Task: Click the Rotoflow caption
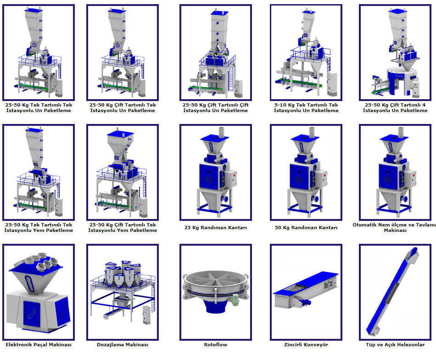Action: point(216,344)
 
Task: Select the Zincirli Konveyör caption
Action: point(306,344)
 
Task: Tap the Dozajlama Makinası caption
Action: point(123,344)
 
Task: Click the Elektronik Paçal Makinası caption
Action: point(39,344)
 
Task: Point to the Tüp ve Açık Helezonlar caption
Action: point(395,344)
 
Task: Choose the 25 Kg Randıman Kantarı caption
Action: point(216,227)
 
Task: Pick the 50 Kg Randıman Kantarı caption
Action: point(306,227)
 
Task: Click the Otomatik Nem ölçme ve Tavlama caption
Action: point(394,225)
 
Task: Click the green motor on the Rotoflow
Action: point(235,300)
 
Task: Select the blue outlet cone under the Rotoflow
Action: point(216,306)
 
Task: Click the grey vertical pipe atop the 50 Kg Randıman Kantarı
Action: point(312,132)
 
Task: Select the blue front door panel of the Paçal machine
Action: point(31,313)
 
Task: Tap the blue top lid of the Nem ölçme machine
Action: point(394,137)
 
